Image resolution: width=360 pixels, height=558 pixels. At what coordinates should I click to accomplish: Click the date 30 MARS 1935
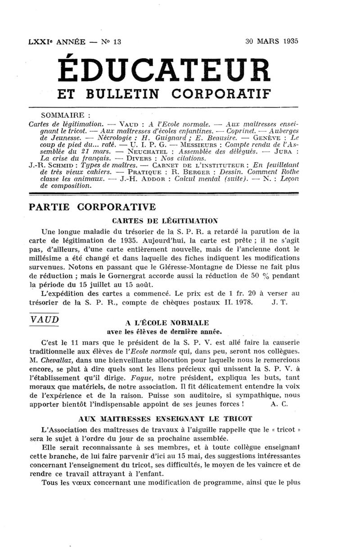272,41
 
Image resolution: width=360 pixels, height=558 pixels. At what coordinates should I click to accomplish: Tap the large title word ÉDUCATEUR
165,72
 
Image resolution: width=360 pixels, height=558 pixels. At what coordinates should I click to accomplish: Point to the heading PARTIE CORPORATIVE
92,207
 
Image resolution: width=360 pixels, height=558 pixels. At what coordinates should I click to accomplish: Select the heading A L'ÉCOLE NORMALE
167,323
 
